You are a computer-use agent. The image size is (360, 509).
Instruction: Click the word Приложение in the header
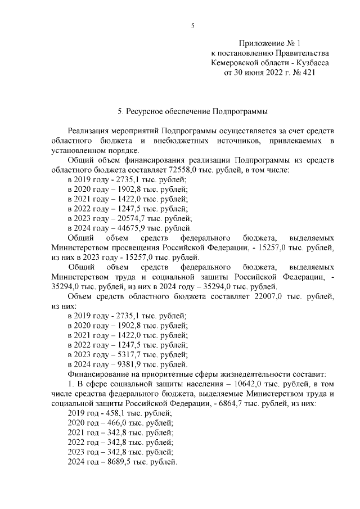pyautogui.click(x=260, y=43)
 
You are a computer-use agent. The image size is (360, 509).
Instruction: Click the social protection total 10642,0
pyautogui.click(x=221, y=385)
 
